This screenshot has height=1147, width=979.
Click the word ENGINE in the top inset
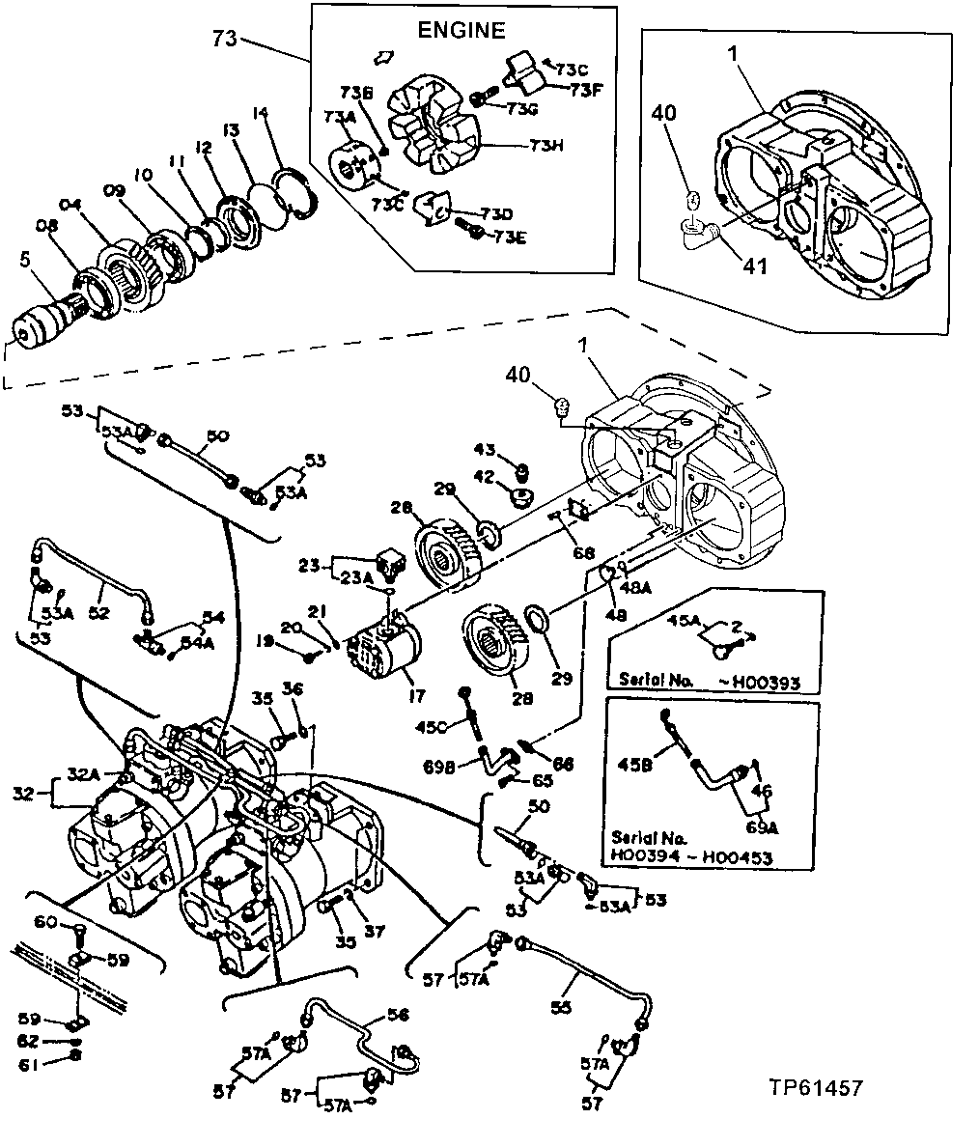point(461,31)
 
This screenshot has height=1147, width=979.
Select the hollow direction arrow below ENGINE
point(382,57)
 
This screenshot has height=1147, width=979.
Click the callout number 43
point(486,450)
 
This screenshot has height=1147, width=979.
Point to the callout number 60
point(45,923)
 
